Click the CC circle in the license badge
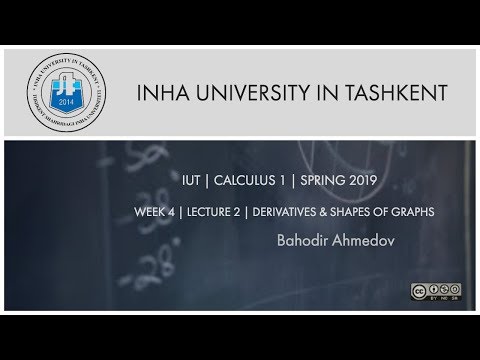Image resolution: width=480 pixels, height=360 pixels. pos(419,292)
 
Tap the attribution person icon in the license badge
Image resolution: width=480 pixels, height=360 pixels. pos(433,292)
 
